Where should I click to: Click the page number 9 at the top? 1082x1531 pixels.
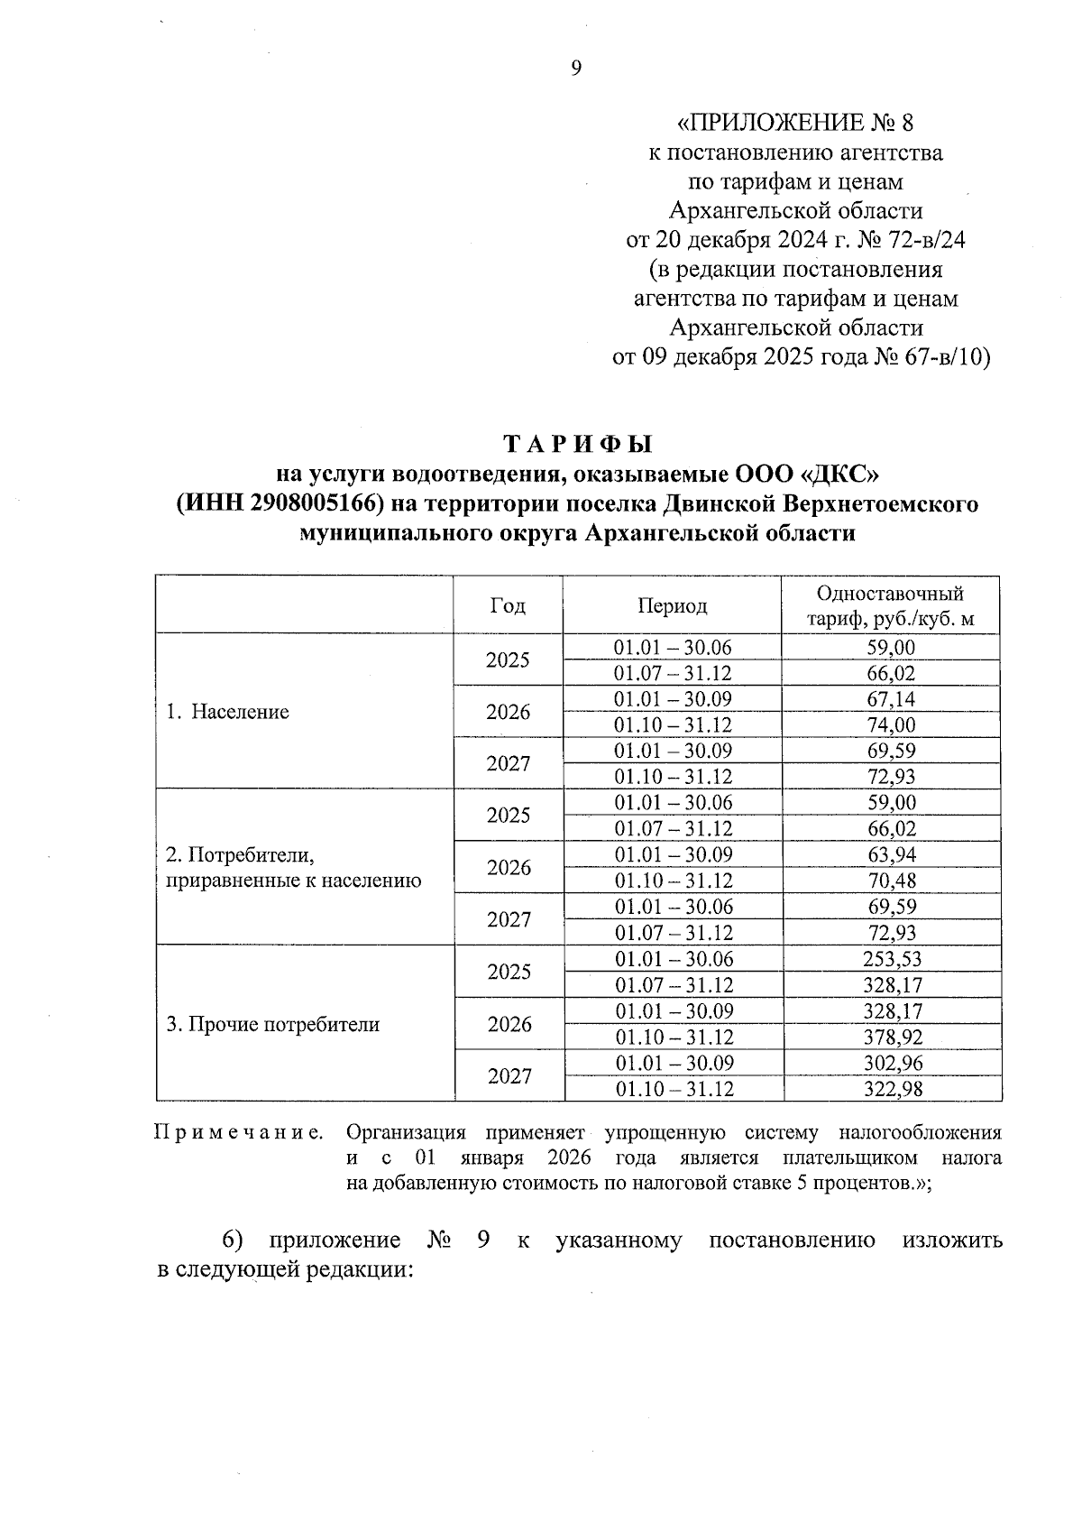(577, 68)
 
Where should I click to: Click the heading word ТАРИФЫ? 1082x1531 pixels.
(577, 445)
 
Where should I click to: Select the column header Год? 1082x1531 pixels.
(508, 605)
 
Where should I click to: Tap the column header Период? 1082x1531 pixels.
(672, 605)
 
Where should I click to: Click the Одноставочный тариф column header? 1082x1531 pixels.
(890, 606)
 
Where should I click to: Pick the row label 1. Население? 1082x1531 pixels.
(227, 712)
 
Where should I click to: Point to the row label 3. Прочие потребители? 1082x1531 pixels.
(272, 1025)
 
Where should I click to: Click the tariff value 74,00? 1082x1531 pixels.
(890, 725)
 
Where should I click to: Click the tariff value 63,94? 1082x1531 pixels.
(891, 854)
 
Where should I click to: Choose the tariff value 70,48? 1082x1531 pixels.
(891, 881)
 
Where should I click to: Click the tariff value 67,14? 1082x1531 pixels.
(890, 699)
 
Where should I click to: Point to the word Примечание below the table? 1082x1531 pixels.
(239, 1132)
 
